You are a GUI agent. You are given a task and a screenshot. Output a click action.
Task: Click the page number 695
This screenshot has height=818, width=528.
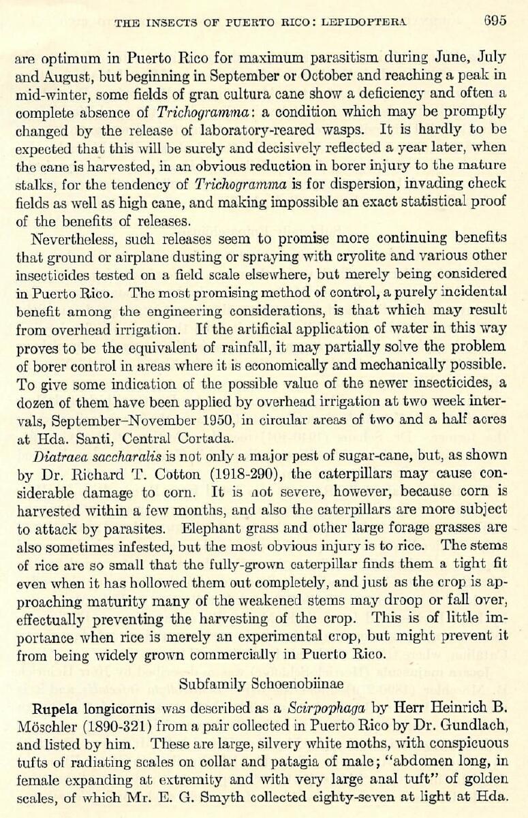pos(495,20)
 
